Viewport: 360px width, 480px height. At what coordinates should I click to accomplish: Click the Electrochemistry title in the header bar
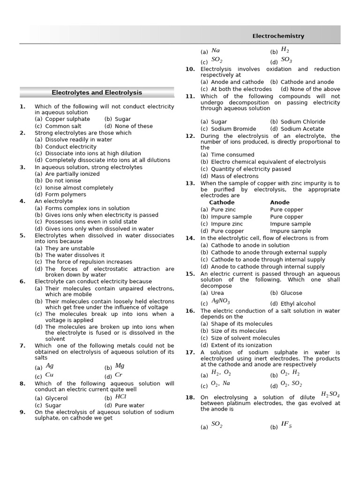tap(278, 36)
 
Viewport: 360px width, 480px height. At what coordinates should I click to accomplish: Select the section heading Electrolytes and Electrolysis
tap(97, 93)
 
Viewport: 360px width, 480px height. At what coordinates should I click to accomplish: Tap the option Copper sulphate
tap(67, 119)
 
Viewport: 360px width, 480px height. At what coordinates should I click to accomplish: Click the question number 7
tap(22, 345)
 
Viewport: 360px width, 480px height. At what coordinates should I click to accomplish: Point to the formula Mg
tap(120, 366)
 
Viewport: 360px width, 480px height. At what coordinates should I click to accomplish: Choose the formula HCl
tap(120, 396)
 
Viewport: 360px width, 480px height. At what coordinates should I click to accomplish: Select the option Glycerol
tap(56, 398)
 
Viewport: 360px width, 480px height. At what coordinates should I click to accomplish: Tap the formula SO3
tap(286, 60)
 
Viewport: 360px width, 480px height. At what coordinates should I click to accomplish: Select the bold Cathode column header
tap(222, 202)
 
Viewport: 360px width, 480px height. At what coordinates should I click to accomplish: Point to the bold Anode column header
tap(280, 202)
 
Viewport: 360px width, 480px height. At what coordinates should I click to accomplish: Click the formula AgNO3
tap(221, 301)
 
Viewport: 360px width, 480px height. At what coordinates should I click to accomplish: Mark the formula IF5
tap(286, 425)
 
